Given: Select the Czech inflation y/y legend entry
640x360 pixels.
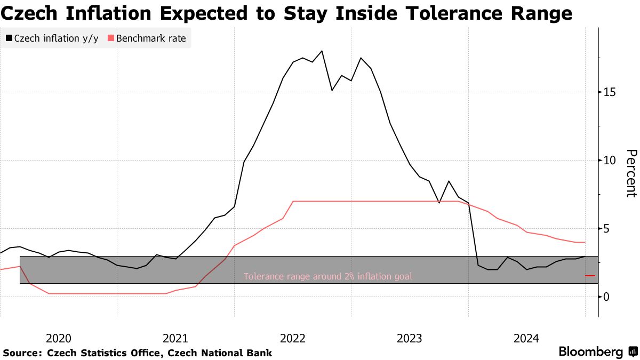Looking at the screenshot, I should click(56, 38).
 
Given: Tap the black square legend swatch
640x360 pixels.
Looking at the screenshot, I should click(9, 38).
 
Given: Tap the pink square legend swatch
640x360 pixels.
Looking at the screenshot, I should click(111, 38).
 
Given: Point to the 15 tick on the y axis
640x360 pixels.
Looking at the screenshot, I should click(610, 92).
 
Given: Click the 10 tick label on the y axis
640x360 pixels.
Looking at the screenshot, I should click(610, 161).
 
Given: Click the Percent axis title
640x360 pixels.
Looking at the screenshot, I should click(630, 173).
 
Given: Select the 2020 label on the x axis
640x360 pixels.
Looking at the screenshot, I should click(59, 338).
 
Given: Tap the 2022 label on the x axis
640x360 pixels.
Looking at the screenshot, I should click(292, 338).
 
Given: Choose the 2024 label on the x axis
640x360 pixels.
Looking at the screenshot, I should click(526, 338).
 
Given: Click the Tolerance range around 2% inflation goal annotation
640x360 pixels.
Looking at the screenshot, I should click(328, 276).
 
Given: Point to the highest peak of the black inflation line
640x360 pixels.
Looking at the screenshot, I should click(322, 51).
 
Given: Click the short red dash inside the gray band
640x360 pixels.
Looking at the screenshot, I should click(590, 276).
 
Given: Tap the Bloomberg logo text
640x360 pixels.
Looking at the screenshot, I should click(590, 352).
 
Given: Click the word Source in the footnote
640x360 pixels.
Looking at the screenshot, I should click(21, 353).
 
